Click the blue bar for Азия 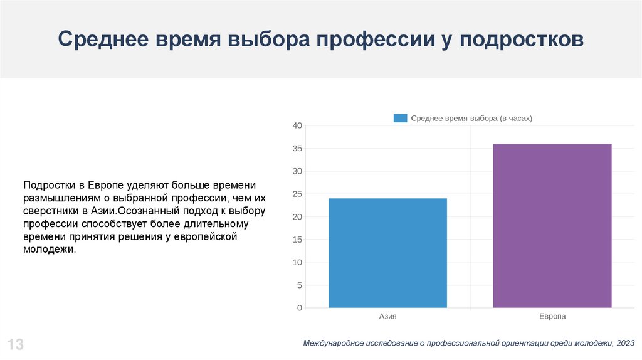click(x=387, y=253)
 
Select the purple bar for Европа click(x=552, y=226)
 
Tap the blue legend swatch click(x=400, y=118)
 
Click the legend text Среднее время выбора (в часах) click(x=471, y=118)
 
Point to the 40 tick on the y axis click(x=297, y=126)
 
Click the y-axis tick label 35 click(x=297, y=149)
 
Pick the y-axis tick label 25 click(x=297, y=194)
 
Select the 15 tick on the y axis click(x=297, y=240)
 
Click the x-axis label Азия click(x=387, y=317)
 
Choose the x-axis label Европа click(x=552, y=317)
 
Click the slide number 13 click(x=16, y=344)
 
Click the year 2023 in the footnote click(x=625, y=343)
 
